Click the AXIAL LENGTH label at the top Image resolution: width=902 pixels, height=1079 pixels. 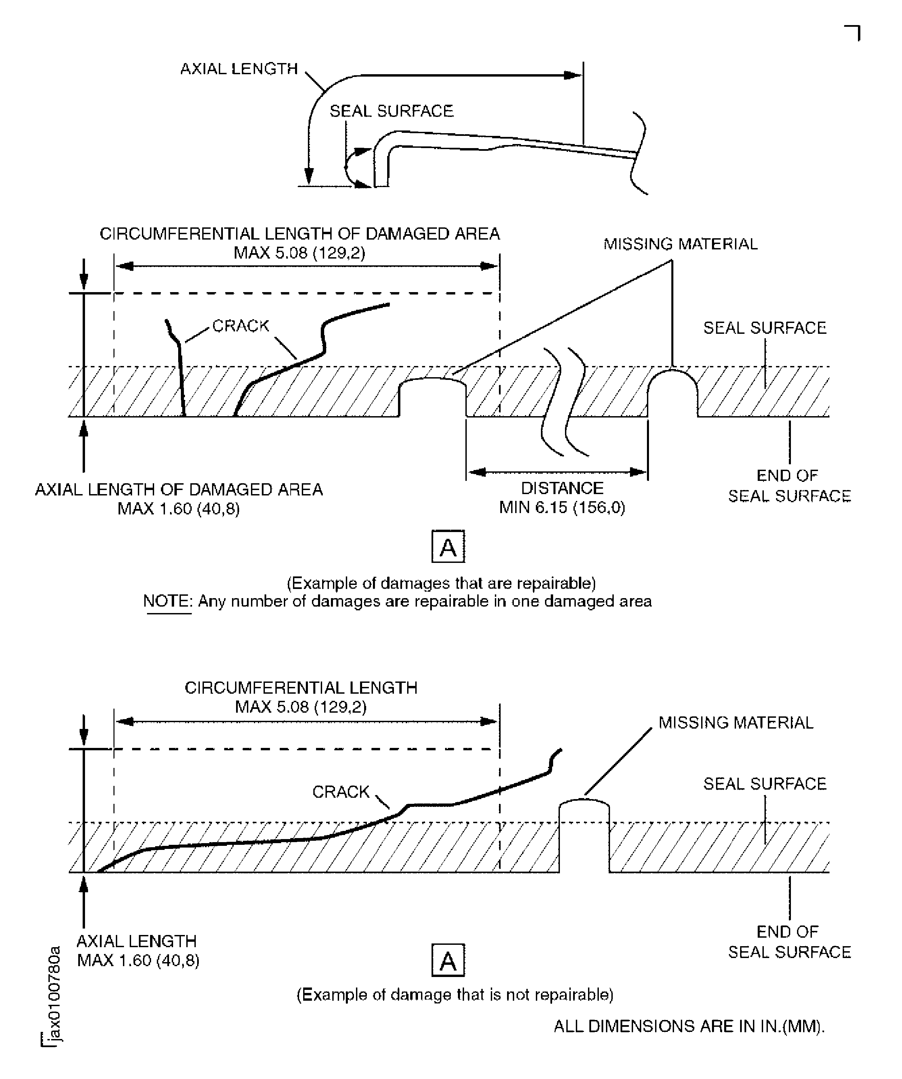[x=239, y=69]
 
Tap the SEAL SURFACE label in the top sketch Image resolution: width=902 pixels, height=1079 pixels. [x=392, y=111]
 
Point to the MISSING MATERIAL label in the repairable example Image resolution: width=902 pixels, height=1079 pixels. [x=680, y=244]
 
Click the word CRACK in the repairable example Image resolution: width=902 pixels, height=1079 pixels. [x=240, y=326]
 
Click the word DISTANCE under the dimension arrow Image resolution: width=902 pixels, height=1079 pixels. [x=562, y=488]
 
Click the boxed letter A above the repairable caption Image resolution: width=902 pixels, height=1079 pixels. [x=448, y=547]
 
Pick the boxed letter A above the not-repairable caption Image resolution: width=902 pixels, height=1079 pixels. [x=448, y=960]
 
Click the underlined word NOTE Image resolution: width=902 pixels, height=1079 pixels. [x=167, y=601]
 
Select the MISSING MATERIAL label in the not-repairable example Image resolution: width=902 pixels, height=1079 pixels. [x=736, y=723]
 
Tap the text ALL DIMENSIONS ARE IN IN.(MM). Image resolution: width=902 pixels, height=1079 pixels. [x=689, y=1026]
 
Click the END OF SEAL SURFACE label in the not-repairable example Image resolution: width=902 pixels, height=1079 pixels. [x=789, y=942]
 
